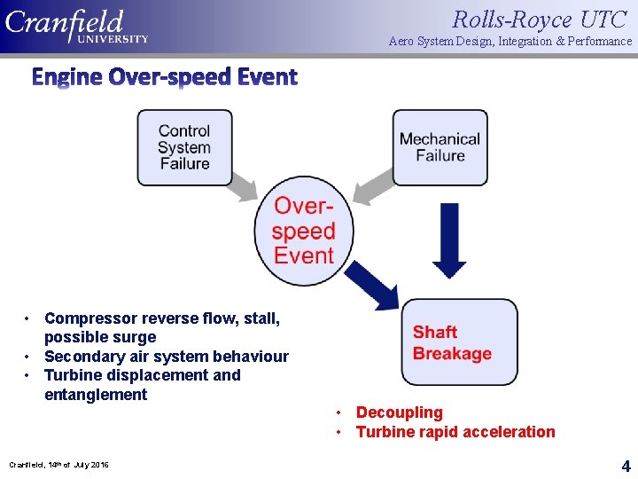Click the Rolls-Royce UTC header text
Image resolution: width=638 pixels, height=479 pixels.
[539, 19]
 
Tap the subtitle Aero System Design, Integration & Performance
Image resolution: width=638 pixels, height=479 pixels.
[510, 42]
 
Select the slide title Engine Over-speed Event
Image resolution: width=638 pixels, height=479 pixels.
[165, 77]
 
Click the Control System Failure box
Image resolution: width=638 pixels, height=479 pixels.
[184, 147]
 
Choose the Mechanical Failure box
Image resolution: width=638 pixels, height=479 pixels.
[440, 147]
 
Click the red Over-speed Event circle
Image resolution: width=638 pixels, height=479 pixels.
[304, 232]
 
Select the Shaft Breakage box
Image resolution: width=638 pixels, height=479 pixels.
[458, 342]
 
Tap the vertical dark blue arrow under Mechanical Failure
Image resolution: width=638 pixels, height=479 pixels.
[450, 239]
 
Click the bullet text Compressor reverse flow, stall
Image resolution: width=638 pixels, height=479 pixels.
[161, 318]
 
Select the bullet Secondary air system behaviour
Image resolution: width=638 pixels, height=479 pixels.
[166, 357]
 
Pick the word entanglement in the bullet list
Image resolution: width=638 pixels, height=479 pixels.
[96, 395]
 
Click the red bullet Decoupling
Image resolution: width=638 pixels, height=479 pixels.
[399, 412]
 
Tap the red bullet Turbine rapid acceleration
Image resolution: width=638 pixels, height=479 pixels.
[455, 432]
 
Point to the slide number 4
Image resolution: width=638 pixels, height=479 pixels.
[625, 465]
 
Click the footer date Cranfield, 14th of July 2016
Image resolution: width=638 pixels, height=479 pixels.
[58, 465]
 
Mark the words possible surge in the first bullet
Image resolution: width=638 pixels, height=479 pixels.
[100, 337]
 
